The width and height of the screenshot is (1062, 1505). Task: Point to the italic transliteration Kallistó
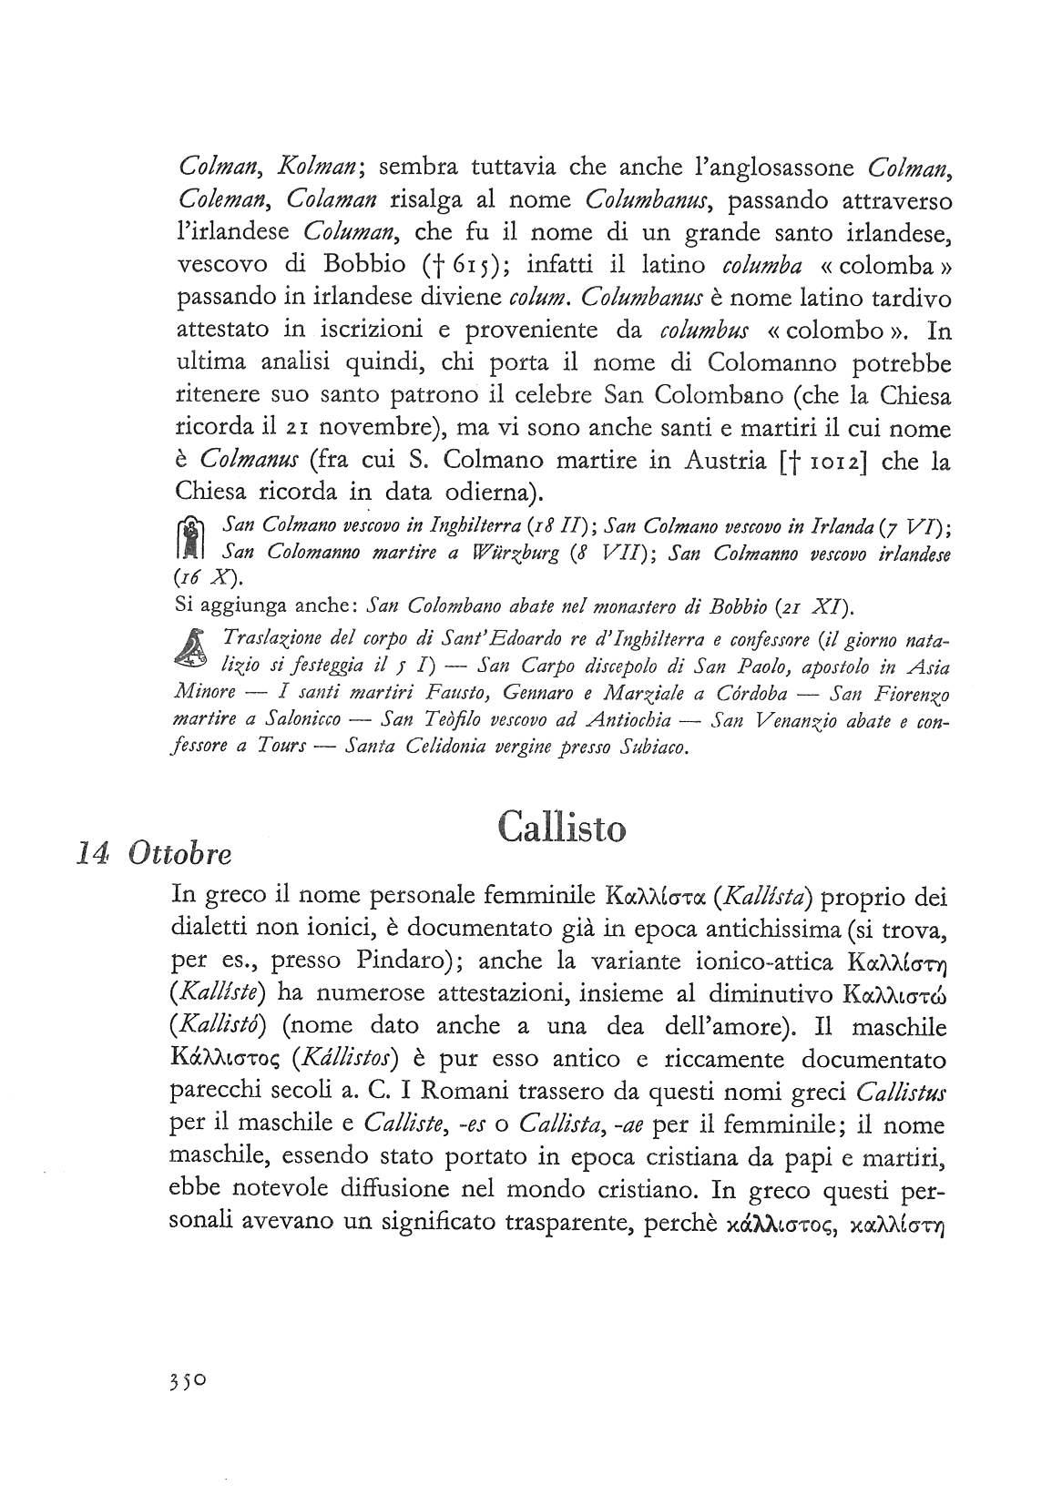(x=218, y=1026)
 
